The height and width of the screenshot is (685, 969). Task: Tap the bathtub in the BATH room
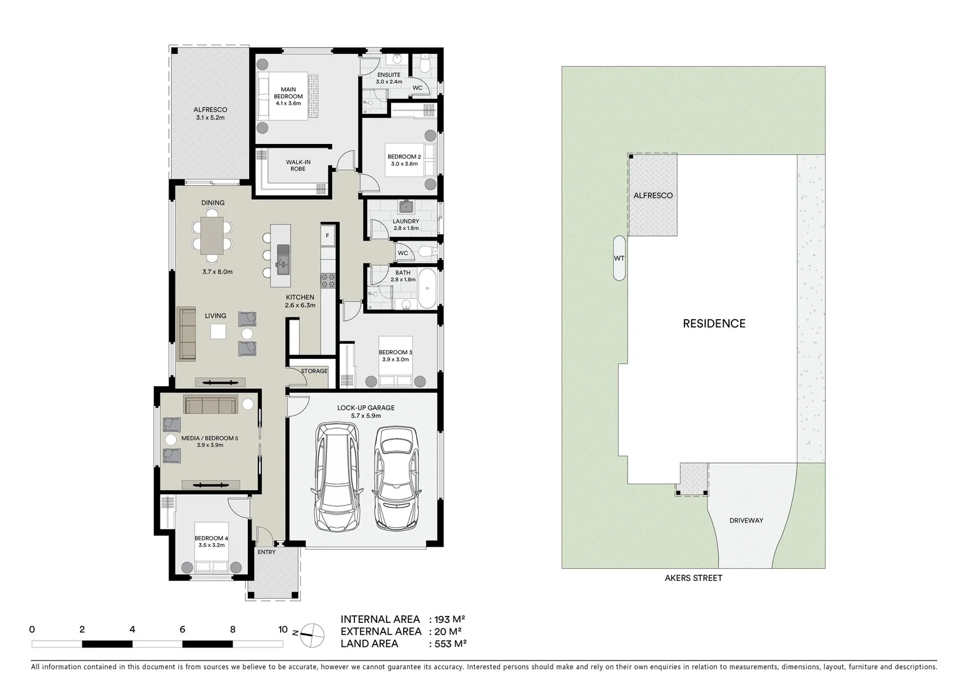tap(428, 289)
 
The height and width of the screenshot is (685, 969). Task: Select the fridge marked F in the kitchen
tap(327, 236)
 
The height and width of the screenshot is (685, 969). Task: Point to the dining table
tap(212, 235)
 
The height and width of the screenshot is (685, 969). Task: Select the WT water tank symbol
tap(619, 258)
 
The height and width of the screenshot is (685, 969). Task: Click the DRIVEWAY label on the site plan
tap(746, 521)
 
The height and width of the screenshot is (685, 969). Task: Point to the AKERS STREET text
tap(693, 578)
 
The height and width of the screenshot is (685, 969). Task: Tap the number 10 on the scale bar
tap(283, 630)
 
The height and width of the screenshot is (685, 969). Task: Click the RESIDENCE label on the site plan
tap(714, 323)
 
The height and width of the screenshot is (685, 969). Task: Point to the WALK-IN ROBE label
tap(298, 166)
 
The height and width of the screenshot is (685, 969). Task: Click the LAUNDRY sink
tap(406, 207)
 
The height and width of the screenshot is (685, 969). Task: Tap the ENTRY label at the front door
tap(267, 552)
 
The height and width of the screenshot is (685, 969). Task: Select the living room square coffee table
tap(218, 332)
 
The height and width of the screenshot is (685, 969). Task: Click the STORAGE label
tap(314, 371)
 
